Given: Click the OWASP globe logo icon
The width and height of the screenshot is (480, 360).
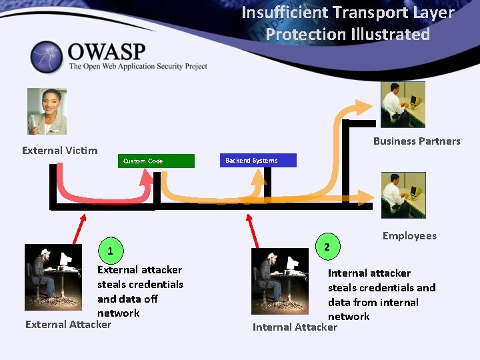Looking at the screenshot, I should coord(46,57).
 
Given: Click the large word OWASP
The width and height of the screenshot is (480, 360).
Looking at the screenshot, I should coord(107,51).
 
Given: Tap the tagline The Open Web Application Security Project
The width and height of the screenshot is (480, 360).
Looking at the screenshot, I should coord(138,67).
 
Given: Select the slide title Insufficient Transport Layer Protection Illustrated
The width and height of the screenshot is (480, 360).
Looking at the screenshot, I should coord(347,23).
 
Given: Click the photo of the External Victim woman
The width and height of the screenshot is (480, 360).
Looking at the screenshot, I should coord(47,111).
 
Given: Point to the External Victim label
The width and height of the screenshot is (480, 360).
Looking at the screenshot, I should coord(59,151).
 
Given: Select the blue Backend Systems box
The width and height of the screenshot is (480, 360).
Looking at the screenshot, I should coord(256,161).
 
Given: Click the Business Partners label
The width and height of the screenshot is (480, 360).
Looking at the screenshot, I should coord(417,141).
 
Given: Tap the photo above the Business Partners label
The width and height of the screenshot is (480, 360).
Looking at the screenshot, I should coord(403,105).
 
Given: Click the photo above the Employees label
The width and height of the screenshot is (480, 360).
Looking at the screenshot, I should coord(403,195).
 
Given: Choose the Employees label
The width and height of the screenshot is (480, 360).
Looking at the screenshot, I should coord(409,236).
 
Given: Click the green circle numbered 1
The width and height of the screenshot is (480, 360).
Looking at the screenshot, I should coord(111,251).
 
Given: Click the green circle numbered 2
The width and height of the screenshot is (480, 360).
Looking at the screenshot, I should coord(327,247).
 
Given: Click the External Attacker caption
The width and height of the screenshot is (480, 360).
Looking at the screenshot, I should coord(68,325).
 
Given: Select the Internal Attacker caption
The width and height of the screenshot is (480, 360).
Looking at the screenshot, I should coord(295,327).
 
